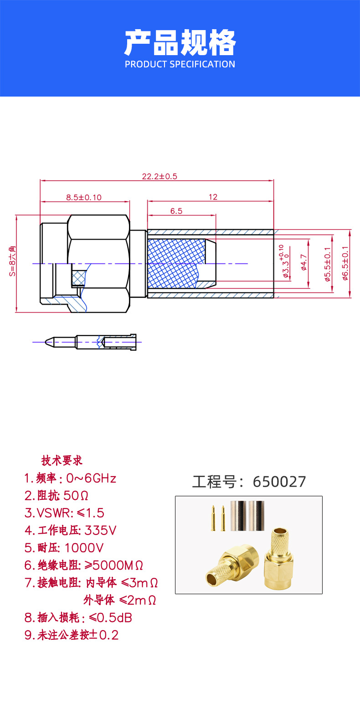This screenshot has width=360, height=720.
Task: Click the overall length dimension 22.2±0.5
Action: click(x=159, y=176)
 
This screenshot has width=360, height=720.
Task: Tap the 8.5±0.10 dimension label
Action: click(x=84, y=197)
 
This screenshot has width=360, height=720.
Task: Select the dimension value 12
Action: click(x=213, y=197)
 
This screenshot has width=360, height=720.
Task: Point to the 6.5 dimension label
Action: click(x=176, y=211)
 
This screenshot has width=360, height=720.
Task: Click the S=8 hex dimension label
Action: click(x=12, y=261)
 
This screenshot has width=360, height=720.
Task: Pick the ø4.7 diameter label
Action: click(x=303, y=262)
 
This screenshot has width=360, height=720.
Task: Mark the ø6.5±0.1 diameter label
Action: click(x=345, y=263)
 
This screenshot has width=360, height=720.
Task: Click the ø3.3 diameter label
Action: click(x=284, y=261)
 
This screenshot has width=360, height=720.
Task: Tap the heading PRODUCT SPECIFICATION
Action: click(x=180, y=64)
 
